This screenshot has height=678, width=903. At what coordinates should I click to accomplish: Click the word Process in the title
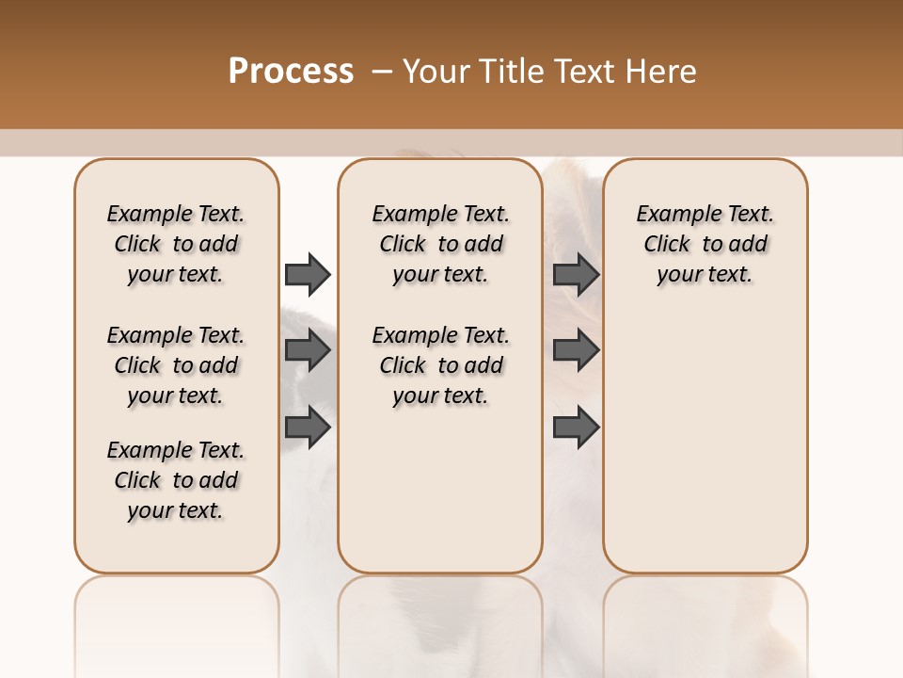click(291, 72)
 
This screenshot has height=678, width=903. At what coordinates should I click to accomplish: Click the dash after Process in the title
click(382, 72)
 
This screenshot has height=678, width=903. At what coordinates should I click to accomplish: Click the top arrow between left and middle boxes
click(308, 274)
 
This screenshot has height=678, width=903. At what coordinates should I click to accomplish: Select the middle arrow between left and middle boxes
click(308, 351)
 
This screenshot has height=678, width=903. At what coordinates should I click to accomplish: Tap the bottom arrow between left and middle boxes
click(308, 428)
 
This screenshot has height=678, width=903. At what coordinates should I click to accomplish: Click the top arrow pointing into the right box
click(577, 274)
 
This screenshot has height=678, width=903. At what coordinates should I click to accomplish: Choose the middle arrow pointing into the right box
click(577, 351)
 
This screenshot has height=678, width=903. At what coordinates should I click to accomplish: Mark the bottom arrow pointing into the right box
click(577, 428)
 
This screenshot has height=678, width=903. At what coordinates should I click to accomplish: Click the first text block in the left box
click(176, 244)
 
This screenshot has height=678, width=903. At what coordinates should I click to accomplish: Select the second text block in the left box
click(176, 365)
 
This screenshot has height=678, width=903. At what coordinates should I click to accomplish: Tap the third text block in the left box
click(176, 480)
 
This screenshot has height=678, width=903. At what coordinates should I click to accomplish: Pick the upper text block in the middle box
click(440, 244)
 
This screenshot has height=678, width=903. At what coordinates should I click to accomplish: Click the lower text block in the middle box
click(440, 365)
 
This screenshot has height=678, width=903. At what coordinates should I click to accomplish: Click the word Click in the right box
click(667, 245)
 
